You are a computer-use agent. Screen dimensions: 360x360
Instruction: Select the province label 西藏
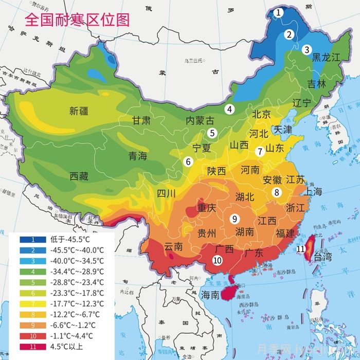(x=79, y=176)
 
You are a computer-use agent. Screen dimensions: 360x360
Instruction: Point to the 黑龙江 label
(x=327, y=57)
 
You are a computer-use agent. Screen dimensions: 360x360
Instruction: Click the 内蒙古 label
(x=200, y=121)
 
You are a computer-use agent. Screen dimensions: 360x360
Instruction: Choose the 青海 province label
(x=137, y=156)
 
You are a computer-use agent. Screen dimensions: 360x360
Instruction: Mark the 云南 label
(x=173, y=247)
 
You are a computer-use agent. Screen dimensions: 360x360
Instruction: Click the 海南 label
(x=210, y=295)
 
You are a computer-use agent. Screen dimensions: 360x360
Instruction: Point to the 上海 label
(x=313, y=192)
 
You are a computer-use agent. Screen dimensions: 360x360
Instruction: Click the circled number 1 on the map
(x=278, y=12)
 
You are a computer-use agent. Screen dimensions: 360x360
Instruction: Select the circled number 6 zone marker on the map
(x=188, y=161)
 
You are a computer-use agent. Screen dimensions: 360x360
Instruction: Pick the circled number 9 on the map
(x=234, y=218)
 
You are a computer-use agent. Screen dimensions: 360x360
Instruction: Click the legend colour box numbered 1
(x=33, y=239)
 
